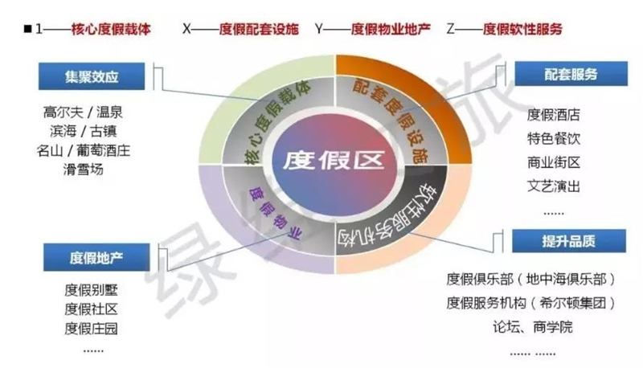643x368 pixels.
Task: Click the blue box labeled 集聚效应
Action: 92,76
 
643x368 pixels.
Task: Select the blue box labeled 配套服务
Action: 571,74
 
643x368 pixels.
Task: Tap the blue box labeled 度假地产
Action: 96,257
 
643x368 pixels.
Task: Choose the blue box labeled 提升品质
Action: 569,241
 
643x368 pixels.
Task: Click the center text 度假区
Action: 334,160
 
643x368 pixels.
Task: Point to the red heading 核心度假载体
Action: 111,29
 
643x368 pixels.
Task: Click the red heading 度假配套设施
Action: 259,29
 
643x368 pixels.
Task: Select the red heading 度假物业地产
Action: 391,29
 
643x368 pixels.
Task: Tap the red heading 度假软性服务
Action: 522,29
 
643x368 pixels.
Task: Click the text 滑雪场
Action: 84,170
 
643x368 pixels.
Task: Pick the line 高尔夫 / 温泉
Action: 83,112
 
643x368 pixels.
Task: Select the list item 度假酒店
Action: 554,115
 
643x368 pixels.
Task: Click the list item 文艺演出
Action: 554,186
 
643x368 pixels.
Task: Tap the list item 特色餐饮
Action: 554,138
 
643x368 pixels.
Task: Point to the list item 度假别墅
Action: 91,290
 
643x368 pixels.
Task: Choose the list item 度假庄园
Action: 91,329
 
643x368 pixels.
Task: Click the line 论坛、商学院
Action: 533,327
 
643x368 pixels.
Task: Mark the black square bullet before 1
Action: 28,29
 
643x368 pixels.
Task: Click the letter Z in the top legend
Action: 451,29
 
